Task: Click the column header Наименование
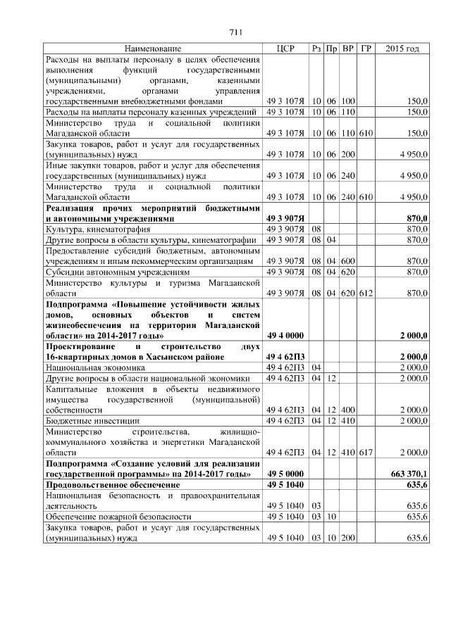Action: tap(152, 49)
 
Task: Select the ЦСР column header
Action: tap(285, 49)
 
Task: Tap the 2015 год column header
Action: tap(402, 49)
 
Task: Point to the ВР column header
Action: tap(347, 49)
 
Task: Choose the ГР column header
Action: tap(365, 49)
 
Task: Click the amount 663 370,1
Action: tap(408, 475)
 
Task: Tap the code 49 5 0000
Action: tap(285, 475)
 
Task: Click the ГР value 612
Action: tap(365, 292)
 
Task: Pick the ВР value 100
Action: tap(347, 101)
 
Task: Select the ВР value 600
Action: tap(347, 260)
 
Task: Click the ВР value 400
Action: tap(347, 410)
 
